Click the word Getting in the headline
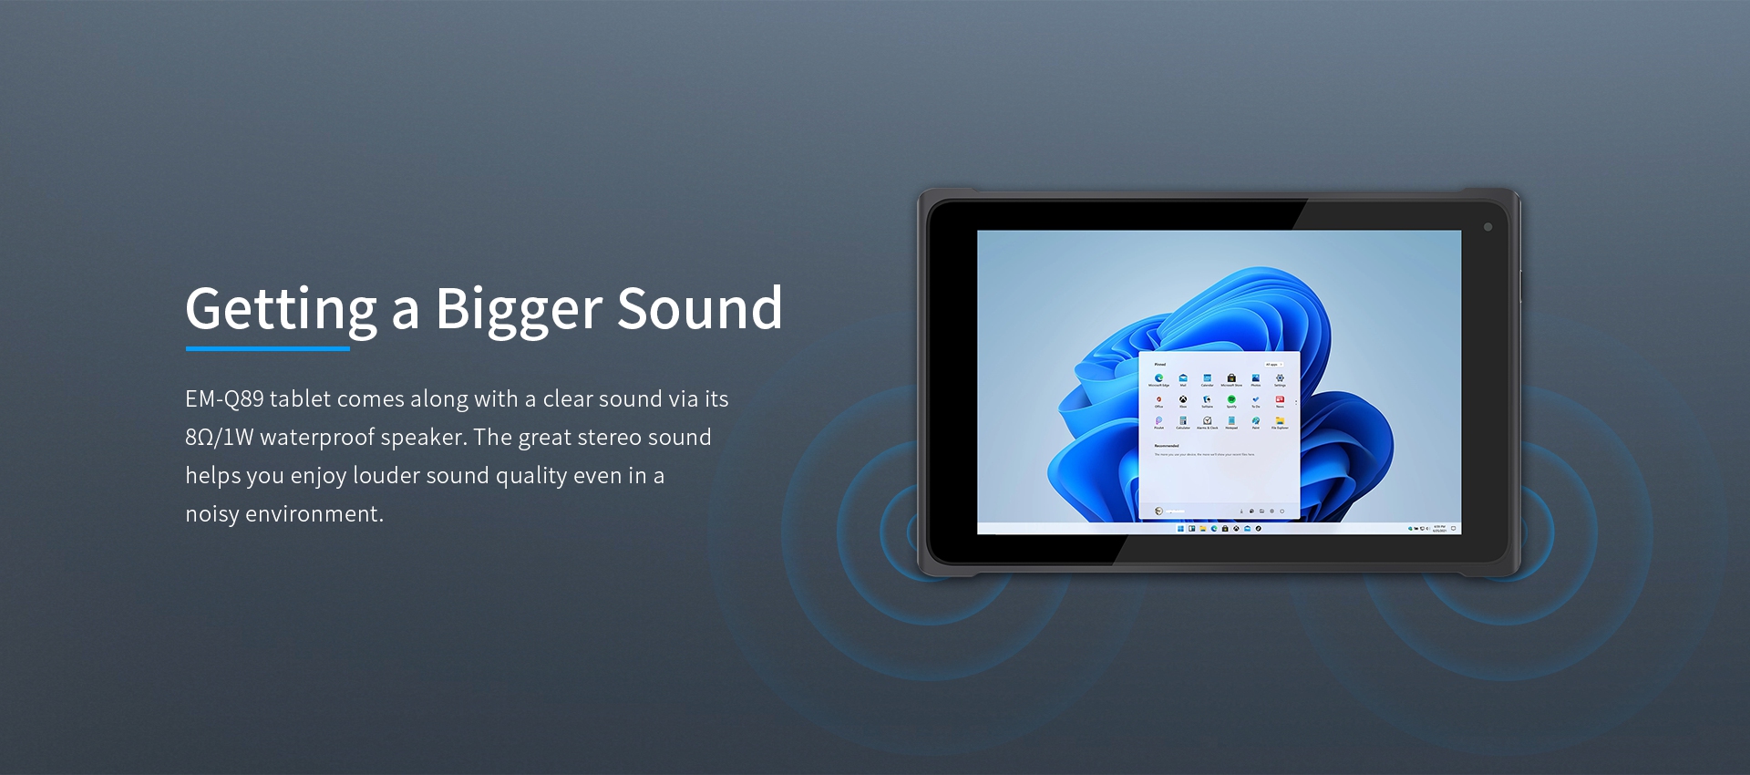click(281, 310)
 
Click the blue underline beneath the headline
click(267, 348)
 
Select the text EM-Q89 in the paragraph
click(224, 399)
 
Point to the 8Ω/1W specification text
click(219, 438)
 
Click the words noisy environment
click(283, 514)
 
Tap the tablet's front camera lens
click(1487, 227)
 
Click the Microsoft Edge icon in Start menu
click(1158, 377)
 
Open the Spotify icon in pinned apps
click(1231, 399)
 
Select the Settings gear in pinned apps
click(1280, 377)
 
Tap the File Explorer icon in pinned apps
click(1280, 420)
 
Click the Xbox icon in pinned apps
click(1183, 399)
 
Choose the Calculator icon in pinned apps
click(1183, 420)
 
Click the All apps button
click(1272, 364)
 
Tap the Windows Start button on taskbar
click(1180, 529)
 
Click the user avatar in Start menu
click(1158, 511)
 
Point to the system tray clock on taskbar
click(1439, 529)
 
